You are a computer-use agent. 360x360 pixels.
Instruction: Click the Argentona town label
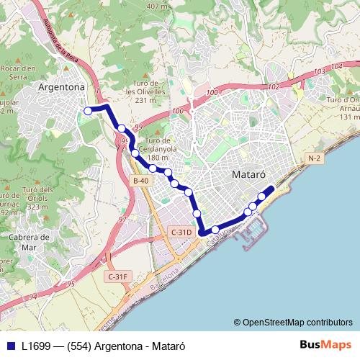[61, 87]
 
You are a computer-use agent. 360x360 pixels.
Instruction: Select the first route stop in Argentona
[88, 111]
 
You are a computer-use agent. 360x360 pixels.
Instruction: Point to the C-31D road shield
[181, 232]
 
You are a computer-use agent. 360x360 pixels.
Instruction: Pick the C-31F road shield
[117, 276]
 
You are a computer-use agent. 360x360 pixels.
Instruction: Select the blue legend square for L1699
[11, 345]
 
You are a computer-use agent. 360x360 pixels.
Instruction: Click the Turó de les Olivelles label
[145, 92]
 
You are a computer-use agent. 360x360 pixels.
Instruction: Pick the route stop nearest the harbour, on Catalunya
[215, 230]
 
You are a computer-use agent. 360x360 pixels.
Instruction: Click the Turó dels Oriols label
[14, 199]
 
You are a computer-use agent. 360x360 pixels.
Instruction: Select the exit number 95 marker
[71, 284]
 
